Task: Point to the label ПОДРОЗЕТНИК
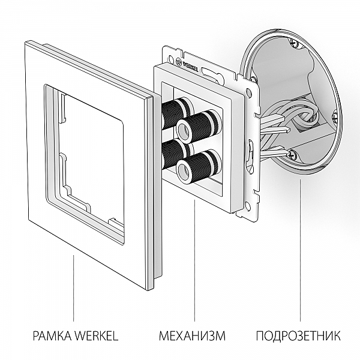(x=298, y=335)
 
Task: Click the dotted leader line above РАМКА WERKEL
(x=74, y=288)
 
